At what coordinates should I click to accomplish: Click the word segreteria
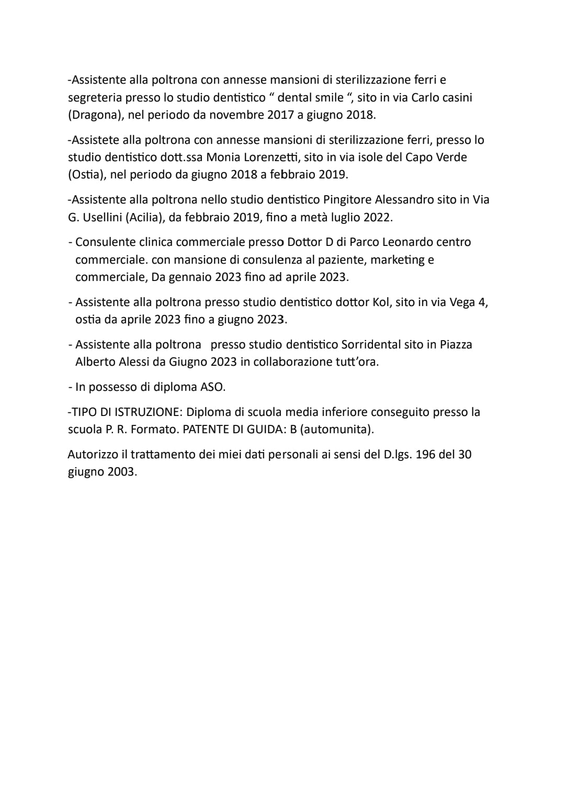point(95,98)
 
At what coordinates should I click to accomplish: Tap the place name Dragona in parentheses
point(96,115)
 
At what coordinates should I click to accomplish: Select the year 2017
point(280,115)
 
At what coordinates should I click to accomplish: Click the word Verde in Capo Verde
point(450,157)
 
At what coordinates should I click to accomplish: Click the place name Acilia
point(142,217)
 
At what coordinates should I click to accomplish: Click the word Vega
point(461,302)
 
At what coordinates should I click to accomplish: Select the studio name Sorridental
point(372,345)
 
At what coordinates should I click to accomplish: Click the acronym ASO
point(212,387)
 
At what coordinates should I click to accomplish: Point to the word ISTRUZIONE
point(145,412)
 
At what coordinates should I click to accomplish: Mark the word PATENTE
point(204,430)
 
